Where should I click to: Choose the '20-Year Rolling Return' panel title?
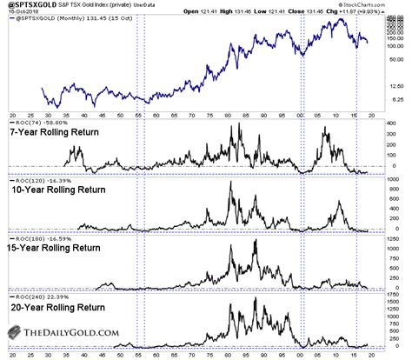[x=65, y=306]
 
